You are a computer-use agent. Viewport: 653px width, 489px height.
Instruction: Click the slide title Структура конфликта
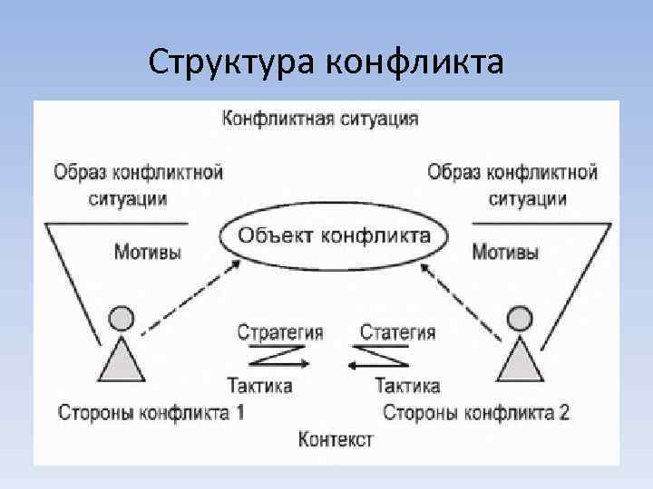(326, 62)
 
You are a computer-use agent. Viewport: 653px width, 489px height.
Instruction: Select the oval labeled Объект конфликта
(334, 237)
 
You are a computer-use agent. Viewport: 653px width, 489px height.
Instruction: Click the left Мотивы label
(148, 252)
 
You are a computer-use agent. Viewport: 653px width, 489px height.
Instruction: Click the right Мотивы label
(506, 252)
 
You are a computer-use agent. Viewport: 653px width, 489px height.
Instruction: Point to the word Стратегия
(279, 332)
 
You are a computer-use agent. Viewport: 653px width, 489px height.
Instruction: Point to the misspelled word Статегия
(397, 332)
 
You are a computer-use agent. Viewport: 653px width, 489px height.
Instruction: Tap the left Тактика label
(259, 386)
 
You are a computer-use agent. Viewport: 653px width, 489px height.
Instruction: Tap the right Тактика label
(407, 386)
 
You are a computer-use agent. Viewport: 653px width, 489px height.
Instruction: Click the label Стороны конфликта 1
(151, 413)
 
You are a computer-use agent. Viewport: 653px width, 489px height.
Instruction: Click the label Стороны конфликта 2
(476, 413)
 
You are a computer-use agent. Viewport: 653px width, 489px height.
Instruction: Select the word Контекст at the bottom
(336, 440)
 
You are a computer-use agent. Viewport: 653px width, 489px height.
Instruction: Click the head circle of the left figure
(121, 318)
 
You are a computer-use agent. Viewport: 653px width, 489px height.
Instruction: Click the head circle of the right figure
(519, 318)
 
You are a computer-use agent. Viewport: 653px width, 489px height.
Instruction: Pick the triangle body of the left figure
(121, 359)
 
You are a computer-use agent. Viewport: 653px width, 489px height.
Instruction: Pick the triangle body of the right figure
(519, 360)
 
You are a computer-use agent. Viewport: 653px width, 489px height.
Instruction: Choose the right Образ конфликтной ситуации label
(512, 184)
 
